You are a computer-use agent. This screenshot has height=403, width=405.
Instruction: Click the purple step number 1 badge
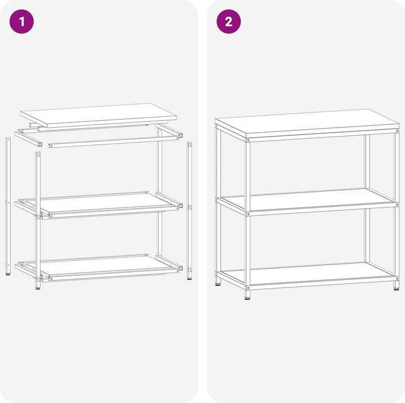(22, 22)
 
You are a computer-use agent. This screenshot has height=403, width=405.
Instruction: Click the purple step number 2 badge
(228, 22)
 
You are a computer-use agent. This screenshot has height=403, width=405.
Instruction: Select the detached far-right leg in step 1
(190, 208)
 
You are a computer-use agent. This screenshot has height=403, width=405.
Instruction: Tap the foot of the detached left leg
(8, 274)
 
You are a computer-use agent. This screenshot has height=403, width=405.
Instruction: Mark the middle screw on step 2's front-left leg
(248, 214)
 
